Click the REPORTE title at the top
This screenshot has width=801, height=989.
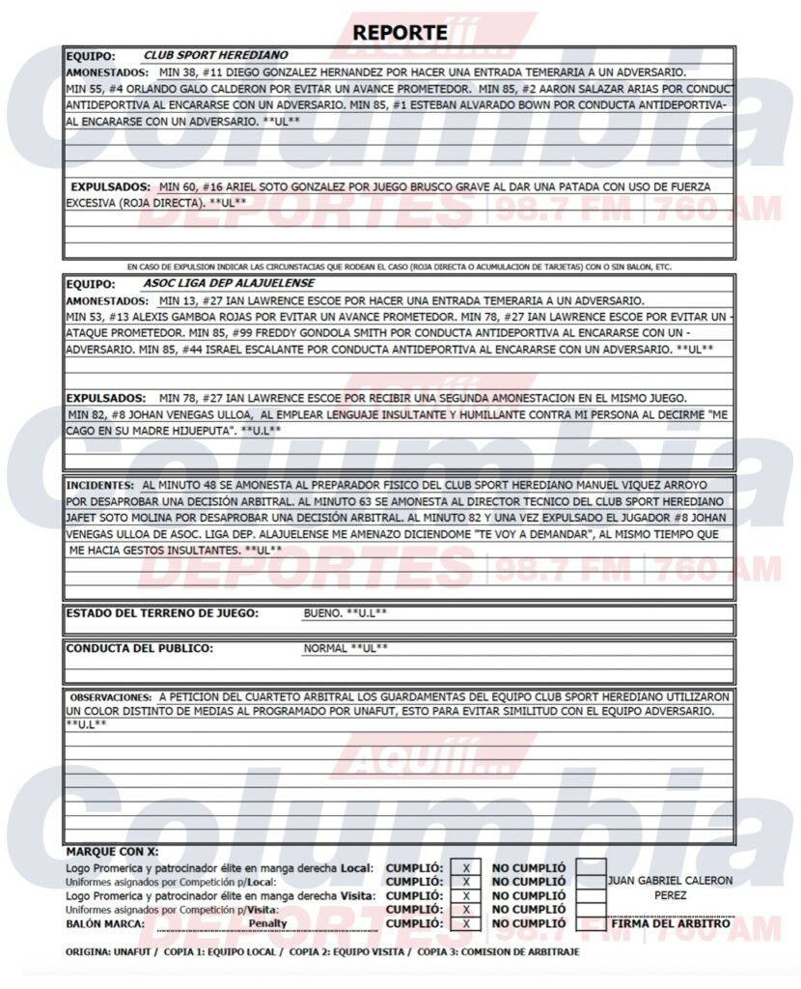tap(400, 32)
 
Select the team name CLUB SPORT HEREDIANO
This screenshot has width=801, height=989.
tap(215, 56)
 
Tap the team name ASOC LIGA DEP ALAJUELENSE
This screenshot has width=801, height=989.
tap(229, 285)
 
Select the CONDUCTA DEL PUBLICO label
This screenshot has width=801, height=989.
tap(139, 648)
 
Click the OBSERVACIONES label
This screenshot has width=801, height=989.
tap(110, 696)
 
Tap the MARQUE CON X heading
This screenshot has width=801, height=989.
tap(111, 852)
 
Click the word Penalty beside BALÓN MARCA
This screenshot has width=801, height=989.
tap(267, 923)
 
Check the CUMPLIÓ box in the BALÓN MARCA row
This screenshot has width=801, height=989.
tap(466, 923)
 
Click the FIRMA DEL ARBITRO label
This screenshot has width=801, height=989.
tap(671, 923)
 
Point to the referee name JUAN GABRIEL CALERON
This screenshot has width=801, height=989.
tap(671, 881)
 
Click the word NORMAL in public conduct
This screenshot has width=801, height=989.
tap(325, 648)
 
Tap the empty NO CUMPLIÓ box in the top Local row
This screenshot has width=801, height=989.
tap(591, 867)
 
